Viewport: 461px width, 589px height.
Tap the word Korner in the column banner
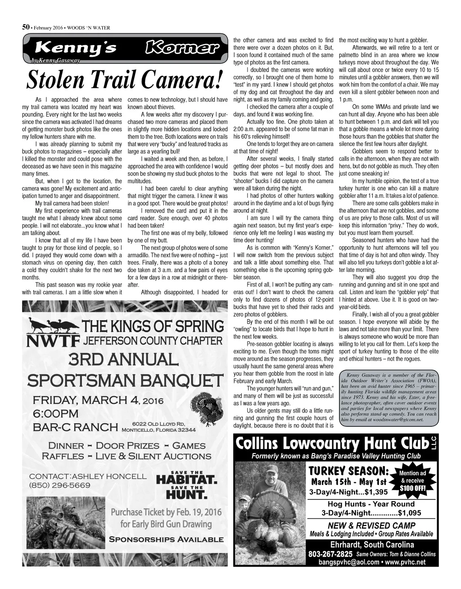coord(181,48)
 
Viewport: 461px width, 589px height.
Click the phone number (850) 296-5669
coord(60,485)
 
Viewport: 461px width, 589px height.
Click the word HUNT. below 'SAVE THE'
coord(186,495)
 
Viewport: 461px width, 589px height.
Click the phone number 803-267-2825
coord(330,553)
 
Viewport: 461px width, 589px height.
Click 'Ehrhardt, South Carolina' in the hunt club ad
coord(372,544)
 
